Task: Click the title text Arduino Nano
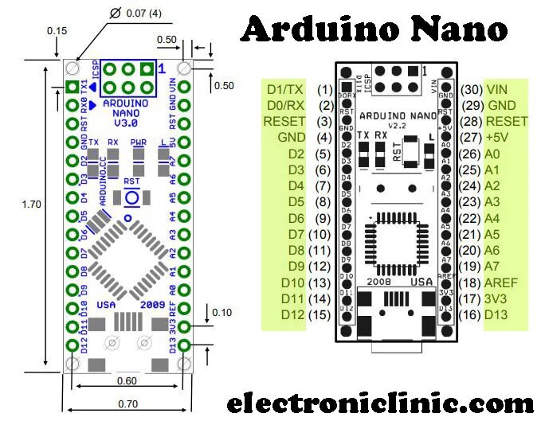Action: tap(374, 29)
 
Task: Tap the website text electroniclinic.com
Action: tap(380, 402)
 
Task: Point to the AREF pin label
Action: tap(503, 283)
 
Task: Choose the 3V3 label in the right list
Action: tap(498, 298)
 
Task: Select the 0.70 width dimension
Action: tap(127, 403)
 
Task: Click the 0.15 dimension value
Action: tap(57, 30)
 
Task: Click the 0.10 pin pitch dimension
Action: tap(222, 312)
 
